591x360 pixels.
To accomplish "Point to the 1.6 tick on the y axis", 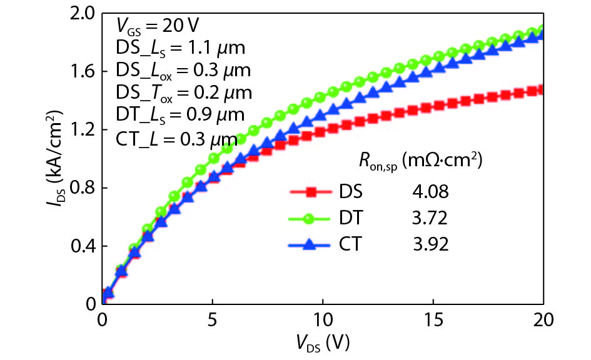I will point(84,72).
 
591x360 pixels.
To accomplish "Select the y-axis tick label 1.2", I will point(84,130).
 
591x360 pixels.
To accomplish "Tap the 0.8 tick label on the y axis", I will point(84,188).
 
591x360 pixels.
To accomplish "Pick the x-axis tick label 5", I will point(213,319).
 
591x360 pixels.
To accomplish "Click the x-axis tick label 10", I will point(323,319).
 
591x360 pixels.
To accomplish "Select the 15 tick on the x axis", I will point(433,319).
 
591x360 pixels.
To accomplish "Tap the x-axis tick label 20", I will point(542,319).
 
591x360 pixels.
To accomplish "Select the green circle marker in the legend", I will point(313,217).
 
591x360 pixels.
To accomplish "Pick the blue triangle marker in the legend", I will point(313,244).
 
